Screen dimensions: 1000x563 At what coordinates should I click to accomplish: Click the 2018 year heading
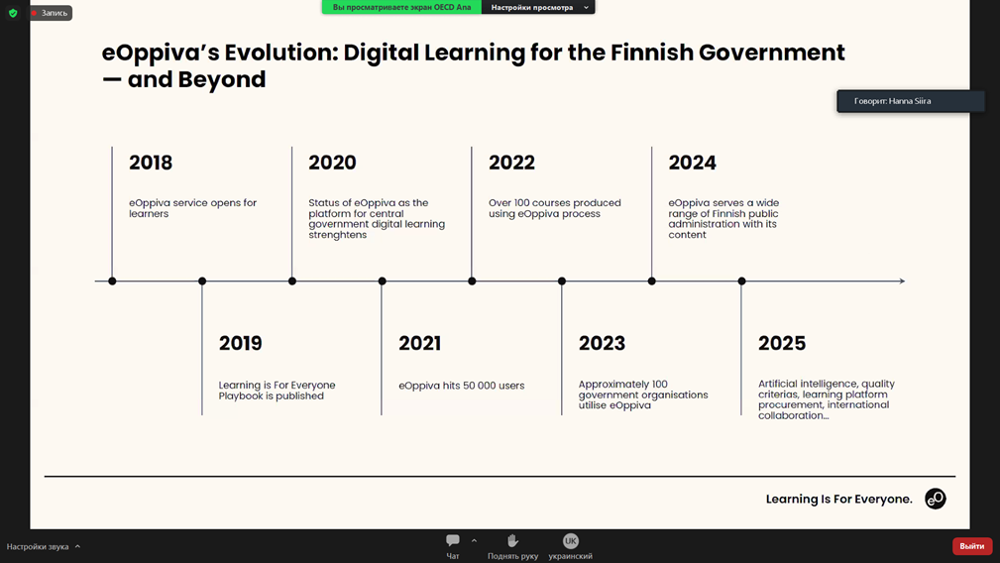[151, 163]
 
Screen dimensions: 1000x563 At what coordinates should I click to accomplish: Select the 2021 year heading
[419, 344]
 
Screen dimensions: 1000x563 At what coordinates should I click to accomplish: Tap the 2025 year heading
[782, 344]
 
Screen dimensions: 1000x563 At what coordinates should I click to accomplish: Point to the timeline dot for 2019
[202, 281]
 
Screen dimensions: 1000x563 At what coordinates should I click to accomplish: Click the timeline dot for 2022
[472, 281]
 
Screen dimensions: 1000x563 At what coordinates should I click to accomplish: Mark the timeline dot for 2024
[652, 281]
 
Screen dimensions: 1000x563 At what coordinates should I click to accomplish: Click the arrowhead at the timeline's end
[902, 281]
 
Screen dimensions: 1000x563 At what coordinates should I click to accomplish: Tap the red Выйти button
[972, 546]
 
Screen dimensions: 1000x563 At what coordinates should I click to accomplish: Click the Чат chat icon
[453, 540]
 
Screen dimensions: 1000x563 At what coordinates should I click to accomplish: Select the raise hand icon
[512, 540]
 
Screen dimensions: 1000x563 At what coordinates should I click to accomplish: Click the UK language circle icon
[570, 541]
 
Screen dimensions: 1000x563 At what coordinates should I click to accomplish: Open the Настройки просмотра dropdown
[538, 8]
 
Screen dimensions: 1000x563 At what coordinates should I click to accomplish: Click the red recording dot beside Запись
[34, 13]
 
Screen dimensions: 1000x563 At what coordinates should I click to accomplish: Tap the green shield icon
[13, 13]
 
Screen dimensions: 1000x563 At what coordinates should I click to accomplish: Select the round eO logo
[936, 499]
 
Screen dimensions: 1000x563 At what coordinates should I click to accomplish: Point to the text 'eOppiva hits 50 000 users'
[462, 386]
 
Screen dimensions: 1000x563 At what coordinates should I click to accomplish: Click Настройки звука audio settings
[38, 546]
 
